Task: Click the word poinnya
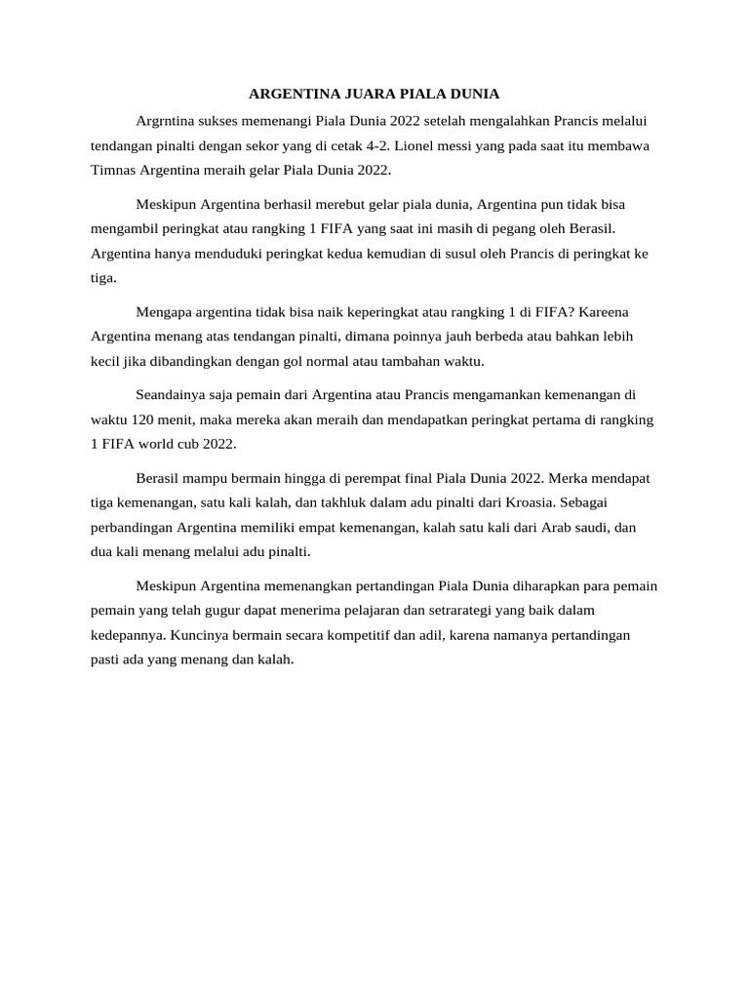[x=424, y=337]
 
